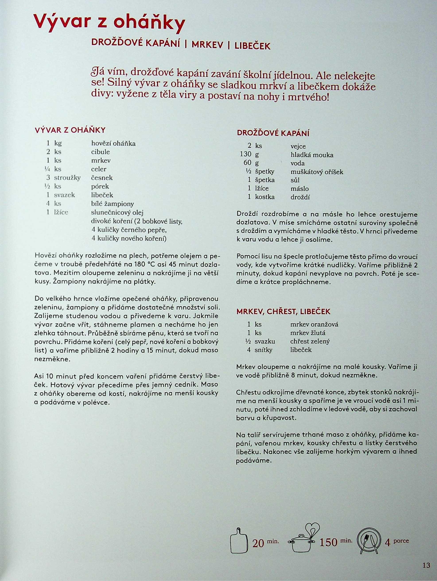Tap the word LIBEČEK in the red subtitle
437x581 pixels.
click(x=252, y=46)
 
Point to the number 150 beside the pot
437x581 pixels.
click(x=328, y=542)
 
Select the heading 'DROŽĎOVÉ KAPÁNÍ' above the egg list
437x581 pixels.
click(x=273, y=133)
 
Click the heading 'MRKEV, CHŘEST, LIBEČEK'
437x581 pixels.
click(x=283, y=312)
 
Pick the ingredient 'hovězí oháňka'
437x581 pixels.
click(x=113, y=143)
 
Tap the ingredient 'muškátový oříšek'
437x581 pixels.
click(x=317, y=172)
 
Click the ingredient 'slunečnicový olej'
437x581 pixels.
click(x=117, y=212)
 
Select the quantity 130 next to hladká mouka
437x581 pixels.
click(x=246, y=154)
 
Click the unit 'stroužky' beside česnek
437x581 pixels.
click(x=67, y=178)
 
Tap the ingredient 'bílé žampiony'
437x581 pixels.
click(x=113, y=204)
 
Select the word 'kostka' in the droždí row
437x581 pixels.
click(x=265, y=197)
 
